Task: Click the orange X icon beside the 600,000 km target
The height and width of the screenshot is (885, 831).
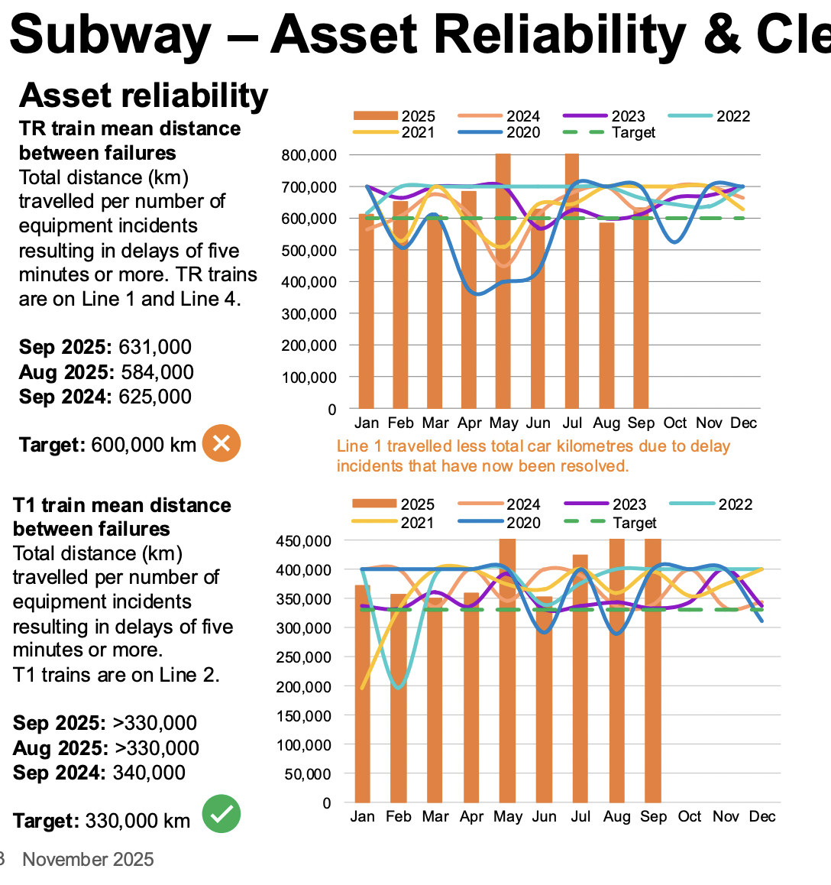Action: pyautogui.click(x=221, y=443)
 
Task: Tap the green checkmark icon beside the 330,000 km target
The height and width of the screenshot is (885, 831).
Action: pyautogui.click(x=221, y=813)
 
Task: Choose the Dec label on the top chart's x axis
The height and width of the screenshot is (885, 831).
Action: pyautogui.click(x=743, y=423)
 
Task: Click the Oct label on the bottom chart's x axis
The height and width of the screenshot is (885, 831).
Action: pyautogui.click(x=690, y=817)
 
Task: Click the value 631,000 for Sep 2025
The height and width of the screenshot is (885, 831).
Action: pyautogui.click(x=155, y=347)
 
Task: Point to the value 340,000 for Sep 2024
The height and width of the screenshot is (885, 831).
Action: pyautogui.click(x=149, y=773)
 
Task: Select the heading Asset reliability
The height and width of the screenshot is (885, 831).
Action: pyautogui.click(x=144, y=96)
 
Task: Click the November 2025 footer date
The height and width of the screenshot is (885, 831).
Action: pyautogui.click(x=88, y=860)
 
